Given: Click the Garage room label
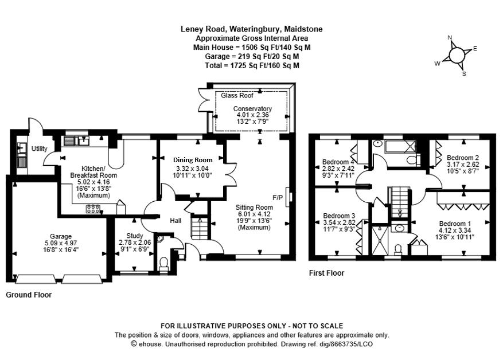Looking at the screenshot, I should pos(60,236).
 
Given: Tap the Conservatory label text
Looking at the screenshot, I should pos(252,108).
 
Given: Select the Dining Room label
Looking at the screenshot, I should pos(193,160).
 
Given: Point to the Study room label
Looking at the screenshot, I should pos(135,235).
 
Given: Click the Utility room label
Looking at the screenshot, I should pos(39,148).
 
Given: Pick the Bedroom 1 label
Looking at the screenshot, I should pos(455,224).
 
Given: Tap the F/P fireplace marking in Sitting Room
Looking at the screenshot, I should pos(278,198).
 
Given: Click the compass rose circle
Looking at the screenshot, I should pos(457,55).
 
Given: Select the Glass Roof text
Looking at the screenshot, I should pos(237,96).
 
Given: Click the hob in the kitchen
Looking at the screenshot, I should pos(93,209).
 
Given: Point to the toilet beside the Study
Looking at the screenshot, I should pos(163,263).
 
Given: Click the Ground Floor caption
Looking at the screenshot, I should pos(29,295).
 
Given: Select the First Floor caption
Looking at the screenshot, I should pos(326,273).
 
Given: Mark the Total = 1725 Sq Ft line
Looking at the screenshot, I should pos(252,65).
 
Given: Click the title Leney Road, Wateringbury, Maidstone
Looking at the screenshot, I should pos(251,29).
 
